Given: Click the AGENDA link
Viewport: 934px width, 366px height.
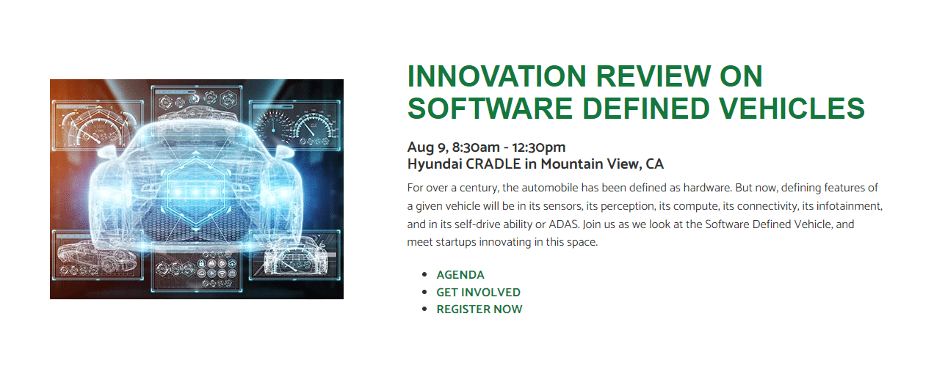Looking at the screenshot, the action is pyautogui.click(x=460, y=275).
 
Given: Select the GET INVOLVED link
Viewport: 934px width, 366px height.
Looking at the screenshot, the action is pyautogui.click(x=478, y=293).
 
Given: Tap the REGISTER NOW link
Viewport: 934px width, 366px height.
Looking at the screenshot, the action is pyautogui.click(x=479, y=310).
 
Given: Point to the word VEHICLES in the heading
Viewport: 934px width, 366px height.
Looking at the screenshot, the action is pyautogui.click(x=792, y=109).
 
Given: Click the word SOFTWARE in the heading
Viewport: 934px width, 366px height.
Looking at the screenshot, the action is pyautogui.click(x=490, y=109).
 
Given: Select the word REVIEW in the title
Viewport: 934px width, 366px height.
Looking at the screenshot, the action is pyautogui.click(x=653, y=76).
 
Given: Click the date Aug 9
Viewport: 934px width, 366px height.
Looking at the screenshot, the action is pyautogui.click(x=427, y=147).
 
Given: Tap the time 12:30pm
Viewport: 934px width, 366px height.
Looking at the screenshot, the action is pyautogui.click(x=539, y=147).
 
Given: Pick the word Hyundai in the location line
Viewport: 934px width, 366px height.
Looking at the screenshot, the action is pyautogui.click(x=435, y=164).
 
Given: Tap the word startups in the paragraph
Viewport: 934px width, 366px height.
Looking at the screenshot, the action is pyautogui.click(x=456, y=242).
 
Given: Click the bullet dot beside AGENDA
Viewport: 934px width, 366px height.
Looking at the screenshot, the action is pyautogui.click(x=424, y=274).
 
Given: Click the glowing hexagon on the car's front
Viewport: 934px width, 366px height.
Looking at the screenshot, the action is pyautogui.click(x=195, y=192).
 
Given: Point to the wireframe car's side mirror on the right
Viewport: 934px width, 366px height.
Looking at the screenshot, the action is pyautogui.click(x=284, y=152).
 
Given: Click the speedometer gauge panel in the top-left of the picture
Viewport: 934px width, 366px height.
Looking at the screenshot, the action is pyautogui.click(x=98, y=125).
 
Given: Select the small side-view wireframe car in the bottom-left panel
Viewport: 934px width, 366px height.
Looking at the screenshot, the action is pyautogui.click(x=95, y=256).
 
